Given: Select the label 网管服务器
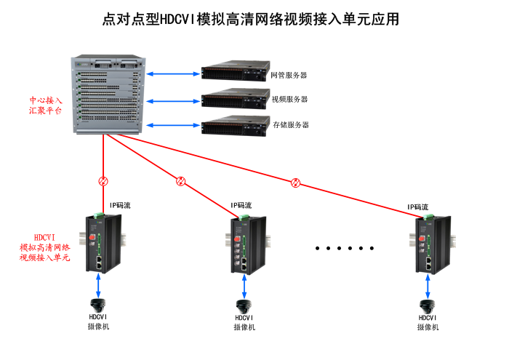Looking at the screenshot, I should [289, 74].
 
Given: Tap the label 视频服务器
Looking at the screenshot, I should [289, 100].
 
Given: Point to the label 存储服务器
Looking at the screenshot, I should [291, 125].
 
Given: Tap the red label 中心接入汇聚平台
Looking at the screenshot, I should [45, 106].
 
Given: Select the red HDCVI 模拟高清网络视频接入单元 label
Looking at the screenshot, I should [45, 247].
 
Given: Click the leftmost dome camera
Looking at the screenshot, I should [98, 304].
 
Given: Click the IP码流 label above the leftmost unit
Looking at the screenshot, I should [120, 205].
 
